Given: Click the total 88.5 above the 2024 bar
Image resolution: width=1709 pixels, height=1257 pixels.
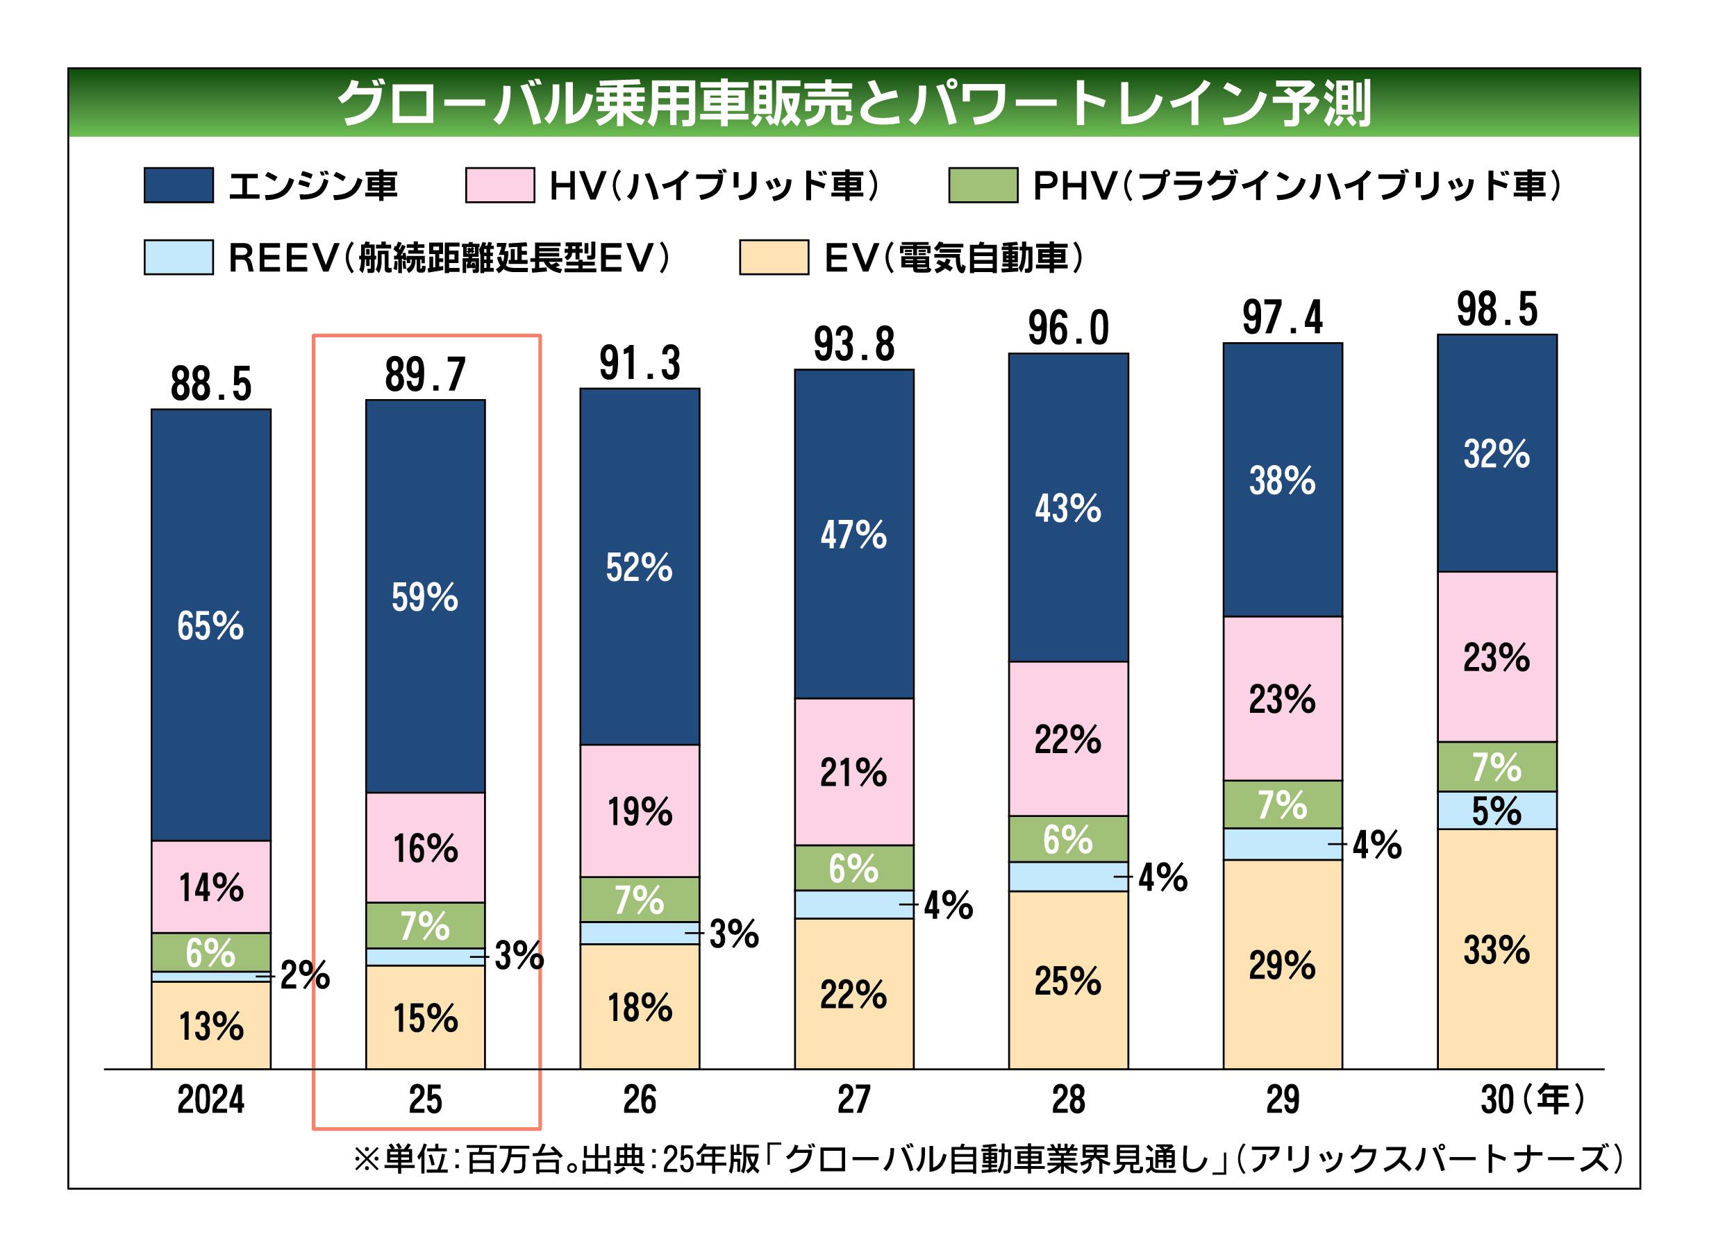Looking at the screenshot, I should pyautogui.click(x=211, y=385).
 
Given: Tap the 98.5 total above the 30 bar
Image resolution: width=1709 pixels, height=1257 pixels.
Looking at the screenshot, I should pyautogui.click(x=1497, y=310).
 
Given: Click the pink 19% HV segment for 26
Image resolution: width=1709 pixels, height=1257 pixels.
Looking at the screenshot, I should pyautogui.click(x=640, y=811).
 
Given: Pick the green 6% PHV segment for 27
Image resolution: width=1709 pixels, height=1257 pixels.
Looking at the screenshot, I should pyautogui.click(x=853, y=868).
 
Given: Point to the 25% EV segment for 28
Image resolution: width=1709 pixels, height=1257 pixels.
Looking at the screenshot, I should pyautogui.click(x=1067, y=981).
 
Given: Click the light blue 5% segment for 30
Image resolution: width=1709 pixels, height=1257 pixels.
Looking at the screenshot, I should pyautogui.click(x=1497, y=811).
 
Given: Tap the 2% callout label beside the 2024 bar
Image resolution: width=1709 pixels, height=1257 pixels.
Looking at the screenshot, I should pyautogui.click(x=304, y=975).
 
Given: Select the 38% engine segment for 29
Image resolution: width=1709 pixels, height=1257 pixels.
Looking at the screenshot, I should pyautogui.click(x=1282, y=481).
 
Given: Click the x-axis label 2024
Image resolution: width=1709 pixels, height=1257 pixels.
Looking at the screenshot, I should pyautogui.click(x=211, y=1099).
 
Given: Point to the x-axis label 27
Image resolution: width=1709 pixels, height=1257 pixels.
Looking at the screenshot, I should pyautogui.click(x=853, y=1099).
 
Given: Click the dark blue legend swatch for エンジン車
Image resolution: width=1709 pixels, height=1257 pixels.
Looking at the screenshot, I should pyautogui.click(x=179, y=185).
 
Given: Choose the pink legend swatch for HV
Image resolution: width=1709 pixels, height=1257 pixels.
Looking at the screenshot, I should pyautogui.click(x=500, y=185).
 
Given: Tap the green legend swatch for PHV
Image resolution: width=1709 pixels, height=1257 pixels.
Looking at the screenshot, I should pyautogui.click(x=983, y=185).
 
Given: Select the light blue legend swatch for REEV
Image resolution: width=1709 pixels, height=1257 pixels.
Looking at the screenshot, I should pyautogui.click(x=179, y=258).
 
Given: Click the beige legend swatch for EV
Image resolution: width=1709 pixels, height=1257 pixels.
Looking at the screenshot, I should pyautogui.click(x=774, y=258).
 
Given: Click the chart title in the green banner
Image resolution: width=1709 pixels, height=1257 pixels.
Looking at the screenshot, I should pyautogui.click(x=853, y=103).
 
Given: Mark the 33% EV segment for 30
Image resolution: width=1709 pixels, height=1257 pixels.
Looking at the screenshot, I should pyautogui.click(x=1497, y=950).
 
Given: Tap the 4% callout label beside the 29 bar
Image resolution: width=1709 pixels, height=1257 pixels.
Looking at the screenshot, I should pyautogui.click(x=1376, y=845).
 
